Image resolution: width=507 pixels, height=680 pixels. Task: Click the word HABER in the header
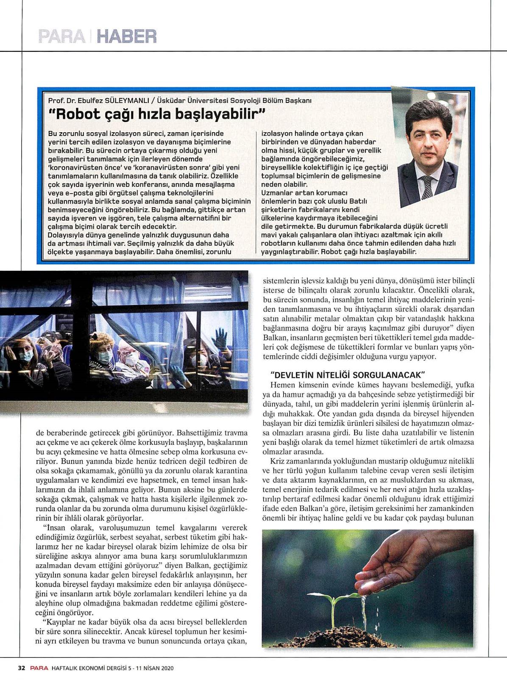click(127, 37)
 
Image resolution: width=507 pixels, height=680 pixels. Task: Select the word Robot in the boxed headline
click(72, 114)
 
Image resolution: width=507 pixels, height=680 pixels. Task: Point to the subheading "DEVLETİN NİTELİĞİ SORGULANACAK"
click(348, 375)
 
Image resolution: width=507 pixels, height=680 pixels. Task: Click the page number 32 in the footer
click(21, 668)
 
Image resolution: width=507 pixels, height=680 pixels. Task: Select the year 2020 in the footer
click(167, 668)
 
